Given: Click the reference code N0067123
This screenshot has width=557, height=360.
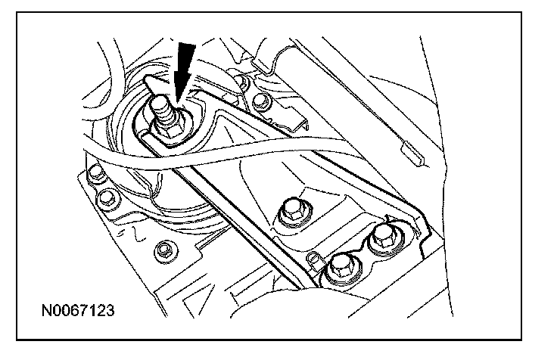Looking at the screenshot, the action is click(x=80, y=310).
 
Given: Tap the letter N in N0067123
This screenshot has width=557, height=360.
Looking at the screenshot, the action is click(x=48, y=310).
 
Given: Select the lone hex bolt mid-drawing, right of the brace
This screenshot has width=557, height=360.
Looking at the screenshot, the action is click(x=292, y=211).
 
